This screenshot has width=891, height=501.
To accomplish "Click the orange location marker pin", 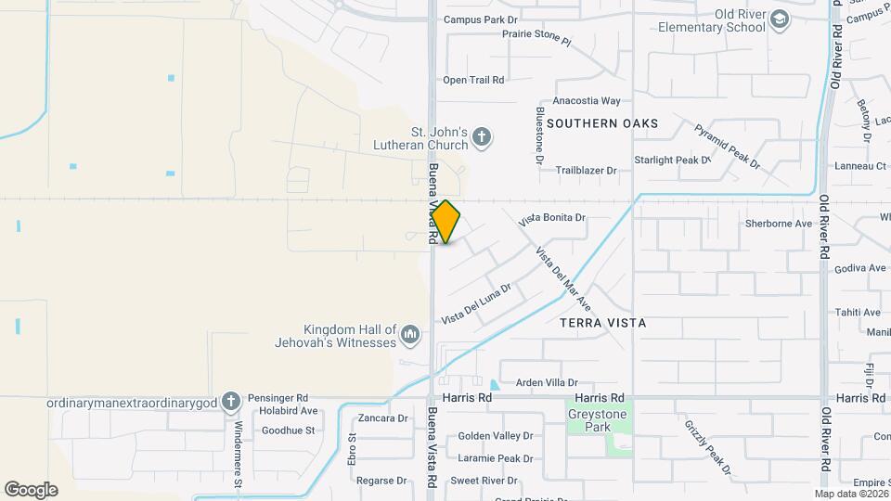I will click(446, 222).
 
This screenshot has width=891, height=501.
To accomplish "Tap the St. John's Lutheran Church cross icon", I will click(481, 138).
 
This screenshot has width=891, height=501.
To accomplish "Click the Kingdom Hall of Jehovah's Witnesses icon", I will click(411, 332).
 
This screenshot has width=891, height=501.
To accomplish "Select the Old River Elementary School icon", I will click(781, 19).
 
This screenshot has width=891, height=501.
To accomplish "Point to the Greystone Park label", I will click(597, 421).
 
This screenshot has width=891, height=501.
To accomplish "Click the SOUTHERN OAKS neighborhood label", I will click(602, 122).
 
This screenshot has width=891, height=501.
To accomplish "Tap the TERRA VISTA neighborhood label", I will click(602, 323).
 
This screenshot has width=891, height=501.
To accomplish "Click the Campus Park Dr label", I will click(481, 19).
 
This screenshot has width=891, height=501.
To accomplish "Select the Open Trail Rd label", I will click(473, 80).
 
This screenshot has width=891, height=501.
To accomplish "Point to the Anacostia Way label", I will click(586, 100).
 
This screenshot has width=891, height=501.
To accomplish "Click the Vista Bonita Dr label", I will click(552, 219).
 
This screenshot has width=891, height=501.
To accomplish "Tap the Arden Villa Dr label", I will click(547, 382).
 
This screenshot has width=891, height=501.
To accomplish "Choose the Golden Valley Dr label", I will click(495, 435).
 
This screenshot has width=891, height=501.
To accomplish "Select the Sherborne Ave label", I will click(779, 224).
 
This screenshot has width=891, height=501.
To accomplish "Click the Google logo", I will click(31, 489).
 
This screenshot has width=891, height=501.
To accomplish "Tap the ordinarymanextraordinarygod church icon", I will click(231, 402).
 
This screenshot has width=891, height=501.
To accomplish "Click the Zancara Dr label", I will click(383, 418).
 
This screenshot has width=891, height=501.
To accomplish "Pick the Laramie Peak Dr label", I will click(495, 458).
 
